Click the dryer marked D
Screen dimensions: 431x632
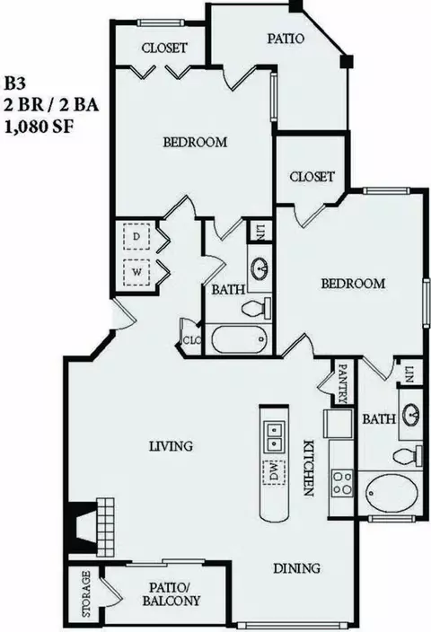point(136,237)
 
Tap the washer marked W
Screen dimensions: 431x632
point(136,273)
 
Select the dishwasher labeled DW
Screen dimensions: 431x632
point(274,471)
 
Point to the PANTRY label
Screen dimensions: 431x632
point(343,383)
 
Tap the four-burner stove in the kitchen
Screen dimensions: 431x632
point(342,483)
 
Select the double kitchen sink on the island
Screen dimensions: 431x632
point(274,436)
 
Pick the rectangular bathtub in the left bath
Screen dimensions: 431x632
point(239,339)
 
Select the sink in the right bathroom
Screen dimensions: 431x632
point(411,413)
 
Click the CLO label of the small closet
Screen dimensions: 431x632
point(192,340)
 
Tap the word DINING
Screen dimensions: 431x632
point(296,568)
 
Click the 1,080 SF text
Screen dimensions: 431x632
point(39,127)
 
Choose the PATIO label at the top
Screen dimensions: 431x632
point(286,39)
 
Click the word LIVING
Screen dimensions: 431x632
point(171,446)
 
